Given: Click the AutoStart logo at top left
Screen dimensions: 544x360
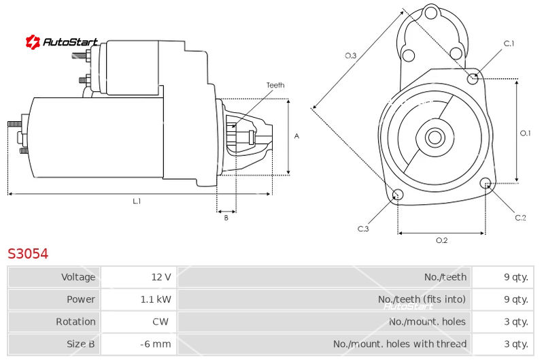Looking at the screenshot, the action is [x=61, y=42].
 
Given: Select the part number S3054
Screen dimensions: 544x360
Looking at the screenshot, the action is [x=28, y=254].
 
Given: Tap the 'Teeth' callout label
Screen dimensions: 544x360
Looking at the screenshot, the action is [x=275, y=85].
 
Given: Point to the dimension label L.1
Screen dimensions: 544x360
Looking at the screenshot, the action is [x=137, y=201].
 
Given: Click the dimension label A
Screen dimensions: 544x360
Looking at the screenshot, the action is [x=296, y=136].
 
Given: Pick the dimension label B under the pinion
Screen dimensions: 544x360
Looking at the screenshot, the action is [x=226, y=218].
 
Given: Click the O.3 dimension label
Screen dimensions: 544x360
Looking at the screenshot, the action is [x=350, y=56].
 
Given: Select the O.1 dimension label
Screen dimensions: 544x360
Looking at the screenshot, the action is [x=525, y=133].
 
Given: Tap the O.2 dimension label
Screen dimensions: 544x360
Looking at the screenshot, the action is [x=441, y=240].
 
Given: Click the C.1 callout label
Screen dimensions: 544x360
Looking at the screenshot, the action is [x=509, y=44].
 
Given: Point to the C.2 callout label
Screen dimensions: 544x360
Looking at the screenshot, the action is [x=520, y=218].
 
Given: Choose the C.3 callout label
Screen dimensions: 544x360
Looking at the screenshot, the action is [x=363, y=229].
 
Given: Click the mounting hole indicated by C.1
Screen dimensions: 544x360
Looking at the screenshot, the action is [x=472, y=79].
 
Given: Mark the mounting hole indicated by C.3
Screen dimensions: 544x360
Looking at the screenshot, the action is [x=398, y=195].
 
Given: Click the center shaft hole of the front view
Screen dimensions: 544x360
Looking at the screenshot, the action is [x=435, y=137].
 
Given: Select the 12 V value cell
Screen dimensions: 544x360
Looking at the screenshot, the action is [x=161, y=277].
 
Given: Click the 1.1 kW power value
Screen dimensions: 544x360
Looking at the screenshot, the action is [x=156, y=299].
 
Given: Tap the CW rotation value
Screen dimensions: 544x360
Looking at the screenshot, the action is [x=160, y=322].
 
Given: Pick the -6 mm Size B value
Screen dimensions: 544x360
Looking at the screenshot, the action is [x=156, y=344].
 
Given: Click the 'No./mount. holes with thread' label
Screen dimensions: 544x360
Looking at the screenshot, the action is [x=400, y=344].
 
